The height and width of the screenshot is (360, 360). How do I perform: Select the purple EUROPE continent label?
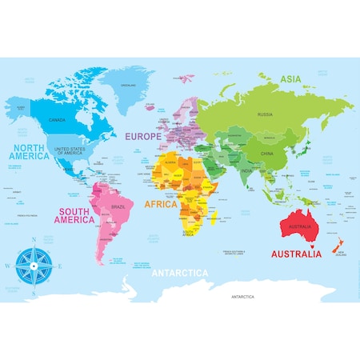[x=143, y=137]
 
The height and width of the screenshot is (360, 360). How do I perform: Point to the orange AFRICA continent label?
[x=160, y=204]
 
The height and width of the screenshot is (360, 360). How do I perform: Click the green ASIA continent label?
[x=290, y=78]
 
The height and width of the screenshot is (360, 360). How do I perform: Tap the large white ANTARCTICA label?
[x=180, y=273]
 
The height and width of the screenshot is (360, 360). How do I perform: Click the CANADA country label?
[x=58, y=120]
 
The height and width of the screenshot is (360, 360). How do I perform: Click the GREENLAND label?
[x=127, y=85]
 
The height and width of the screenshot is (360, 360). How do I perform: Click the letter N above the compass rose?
[x=34, y=239]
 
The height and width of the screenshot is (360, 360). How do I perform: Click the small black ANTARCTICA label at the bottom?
[x=242, y=296]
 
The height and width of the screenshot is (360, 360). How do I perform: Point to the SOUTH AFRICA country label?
[x=187, y=234]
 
